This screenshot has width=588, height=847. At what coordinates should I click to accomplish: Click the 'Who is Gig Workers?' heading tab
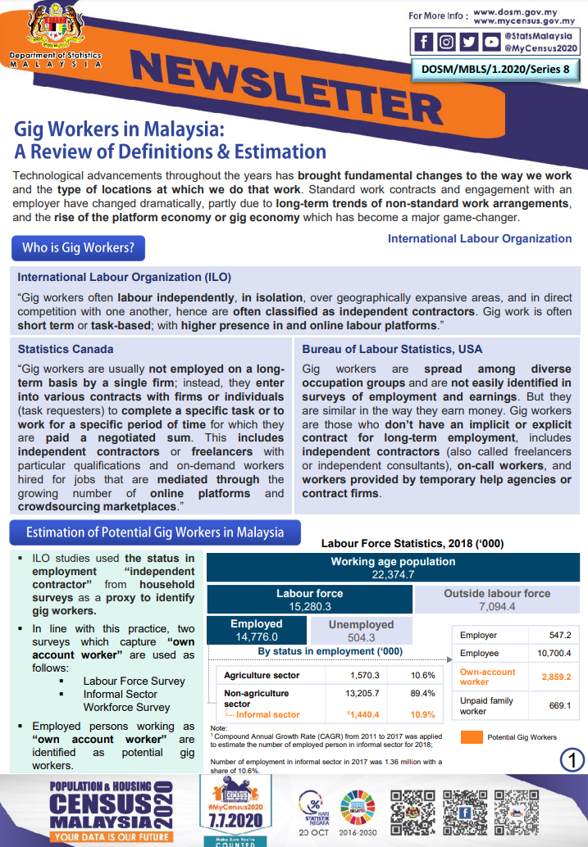click(x=78, y=247)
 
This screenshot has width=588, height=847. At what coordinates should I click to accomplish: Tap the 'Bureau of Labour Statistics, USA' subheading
click(x=392, y=349)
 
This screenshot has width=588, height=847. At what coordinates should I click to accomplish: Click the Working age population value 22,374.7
click(x=393, y=575)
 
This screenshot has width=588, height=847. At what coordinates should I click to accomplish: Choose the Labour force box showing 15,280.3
click(x=309, y=600)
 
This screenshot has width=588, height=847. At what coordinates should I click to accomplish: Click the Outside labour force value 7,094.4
click(x=497, y=607)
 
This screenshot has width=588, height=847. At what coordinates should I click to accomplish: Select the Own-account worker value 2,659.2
click(x=557, y=677)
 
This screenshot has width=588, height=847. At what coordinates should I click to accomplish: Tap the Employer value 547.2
click(x=560, y=635)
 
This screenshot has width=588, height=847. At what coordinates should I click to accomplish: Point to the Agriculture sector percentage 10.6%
click(x=423, y=675)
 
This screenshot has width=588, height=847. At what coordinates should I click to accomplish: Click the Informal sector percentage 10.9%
click(x=423, y=714)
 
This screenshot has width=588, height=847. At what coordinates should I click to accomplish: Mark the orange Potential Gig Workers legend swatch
click(x=471, y=737)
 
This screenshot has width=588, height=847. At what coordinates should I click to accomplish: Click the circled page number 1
click(x=572, y=760)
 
